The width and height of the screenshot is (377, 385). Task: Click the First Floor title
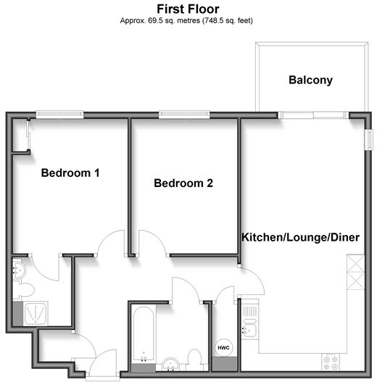coord(188,9)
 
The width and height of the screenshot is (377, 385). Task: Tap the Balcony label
coord(310,80)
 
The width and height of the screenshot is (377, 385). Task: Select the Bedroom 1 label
coord(70,173)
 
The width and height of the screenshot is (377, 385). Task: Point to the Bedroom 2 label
coord(183,183)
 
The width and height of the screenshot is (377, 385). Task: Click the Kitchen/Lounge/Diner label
coord(301,237)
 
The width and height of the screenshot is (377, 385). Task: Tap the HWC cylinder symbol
coord(223,348)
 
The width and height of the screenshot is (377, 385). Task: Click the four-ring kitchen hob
coord(331,363)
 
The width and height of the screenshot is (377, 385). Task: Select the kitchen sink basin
coord(249,330)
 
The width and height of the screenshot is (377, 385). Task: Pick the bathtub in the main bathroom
coord(144,335)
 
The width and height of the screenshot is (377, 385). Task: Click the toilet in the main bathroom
coord(196,360)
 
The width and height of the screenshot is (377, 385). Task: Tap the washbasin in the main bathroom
coord(171,365)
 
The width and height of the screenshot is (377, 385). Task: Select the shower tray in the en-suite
coord(36,313)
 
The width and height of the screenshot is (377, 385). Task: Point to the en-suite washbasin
coord(19,270)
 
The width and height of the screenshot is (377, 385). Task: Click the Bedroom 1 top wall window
coord(60,114)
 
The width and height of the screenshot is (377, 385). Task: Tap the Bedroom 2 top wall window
coord(184,114)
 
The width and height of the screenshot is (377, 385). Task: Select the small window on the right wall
coord(369,140)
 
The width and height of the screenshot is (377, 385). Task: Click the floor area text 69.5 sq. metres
coord(174,20)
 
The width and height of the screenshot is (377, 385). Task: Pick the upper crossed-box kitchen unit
coord(356,263)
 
